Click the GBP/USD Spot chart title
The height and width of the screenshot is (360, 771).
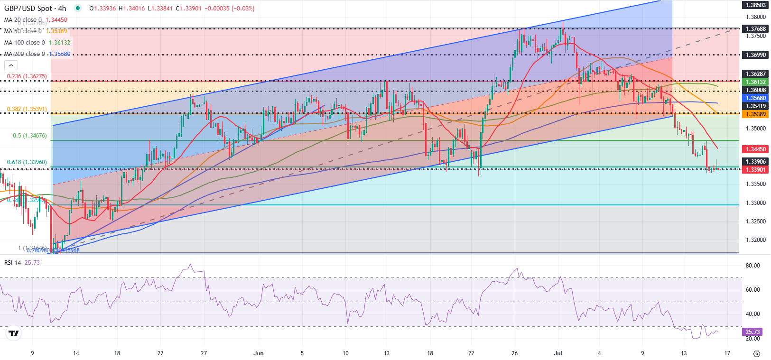click(x=35, y=9)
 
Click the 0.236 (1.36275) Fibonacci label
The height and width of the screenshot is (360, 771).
click(x=27, y=76)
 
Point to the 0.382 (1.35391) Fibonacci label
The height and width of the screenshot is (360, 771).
click(x=27, y=109)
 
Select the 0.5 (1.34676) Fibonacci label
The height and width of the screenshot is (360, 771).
click(x=29, y=136)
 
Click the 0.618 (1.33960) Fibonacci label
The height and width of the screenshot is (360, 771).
click(x=27, y=162)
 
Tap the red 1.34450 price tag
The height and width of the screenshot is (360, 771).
click(x=756, y=149)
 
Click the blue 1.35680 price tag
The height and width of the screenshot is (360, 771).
click(x=756, y=98)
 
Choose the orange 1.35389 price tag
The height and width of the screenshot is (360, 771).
click(x=756, y=114)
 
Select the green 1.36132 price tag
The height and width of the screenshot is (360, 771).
click(x=756, y=82)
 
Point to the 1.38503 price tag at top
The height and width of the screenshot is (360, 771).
click(x=756, y=5)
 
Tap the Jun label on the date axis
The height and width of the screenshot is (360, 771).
click(x=259, y=353)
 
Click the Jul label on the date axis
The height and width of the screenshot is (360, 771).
click(x=558, y=353)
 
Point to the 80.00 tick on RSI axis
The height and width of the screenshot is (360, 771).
click(x=753, y=266)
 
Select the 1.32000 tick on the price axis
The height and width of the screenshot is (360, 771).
click(x=756, y=240)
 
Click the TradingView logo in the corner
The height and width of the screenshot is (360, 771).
click(x=14, y=333)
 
